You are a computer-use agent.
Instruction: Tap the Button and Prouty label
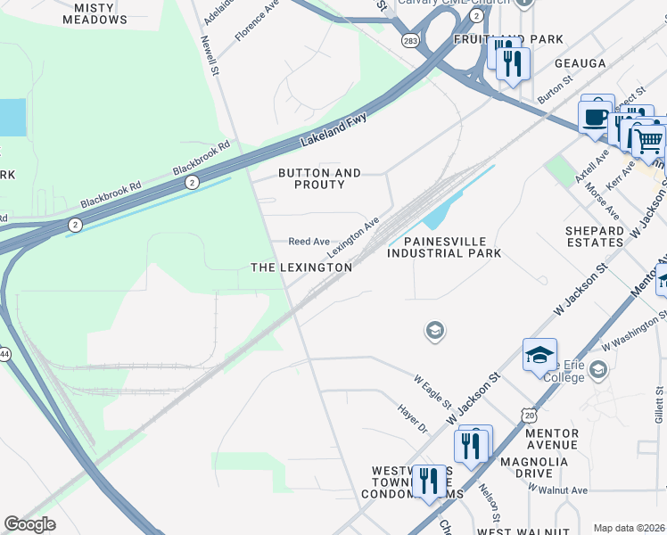tap(319, 178)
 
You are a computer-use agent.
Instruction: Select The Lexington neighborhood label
tap(301, 267)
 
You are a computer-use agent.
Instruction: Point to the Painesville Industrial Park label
tap(444, 247)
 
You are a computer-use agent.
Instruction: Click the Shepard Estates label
tap(595, 236)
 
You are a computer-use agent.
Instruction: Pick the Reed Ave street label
tap(309, 242)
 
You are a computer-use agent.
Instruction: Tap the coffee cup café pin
tap(595, 116)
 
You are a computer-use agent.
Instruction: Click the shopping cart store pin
tap(648, 140)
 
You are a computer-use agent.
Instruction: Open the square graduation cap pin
tap(539, 355)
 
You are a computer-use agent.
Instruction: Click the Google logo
tap(29, 524)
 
